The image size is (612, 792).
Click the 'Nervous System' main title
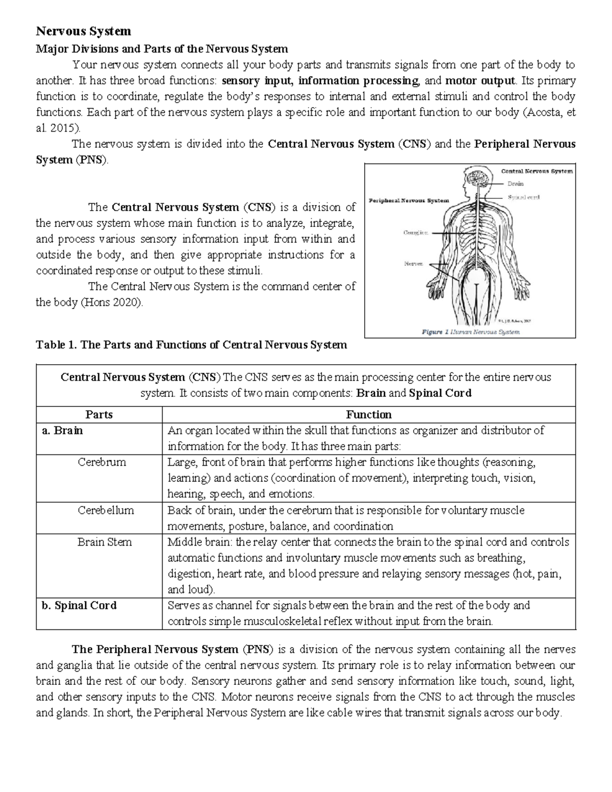[x=83, y=32]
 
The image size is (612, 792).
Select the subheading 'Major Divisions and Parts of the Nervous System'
[x=162, y=49]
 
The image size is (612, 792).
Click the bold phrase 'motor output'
[x=480, y=81]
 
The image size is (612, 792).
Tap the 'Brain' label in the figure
[x=515, y=184]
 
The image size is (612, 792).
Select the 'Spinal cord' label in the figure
[x=523, y=197]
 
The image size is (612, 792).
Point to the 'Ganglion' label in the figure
[x=416, y=233]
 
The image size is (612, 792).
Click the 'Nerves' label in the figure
[x=413, y=264]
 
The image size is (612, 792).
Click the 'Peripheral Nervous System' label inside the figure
[x=409, y=200]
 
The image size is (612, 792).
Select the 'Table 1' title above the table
[x=191, y=345]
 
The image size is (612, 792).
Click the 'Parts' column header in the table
[x=99, y=415]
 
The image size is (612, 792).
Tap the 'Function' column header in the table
[x=369, y=415]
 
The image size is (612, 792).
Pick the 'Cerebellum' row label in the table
[x=106, y=510]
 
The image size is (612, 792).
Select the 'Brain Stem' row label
[x=105, y=542]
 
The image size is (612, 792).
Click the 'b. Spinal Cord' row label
[x=79, y=606]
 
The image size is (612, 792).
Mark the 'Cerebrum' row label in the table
[x=101, y=463]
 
